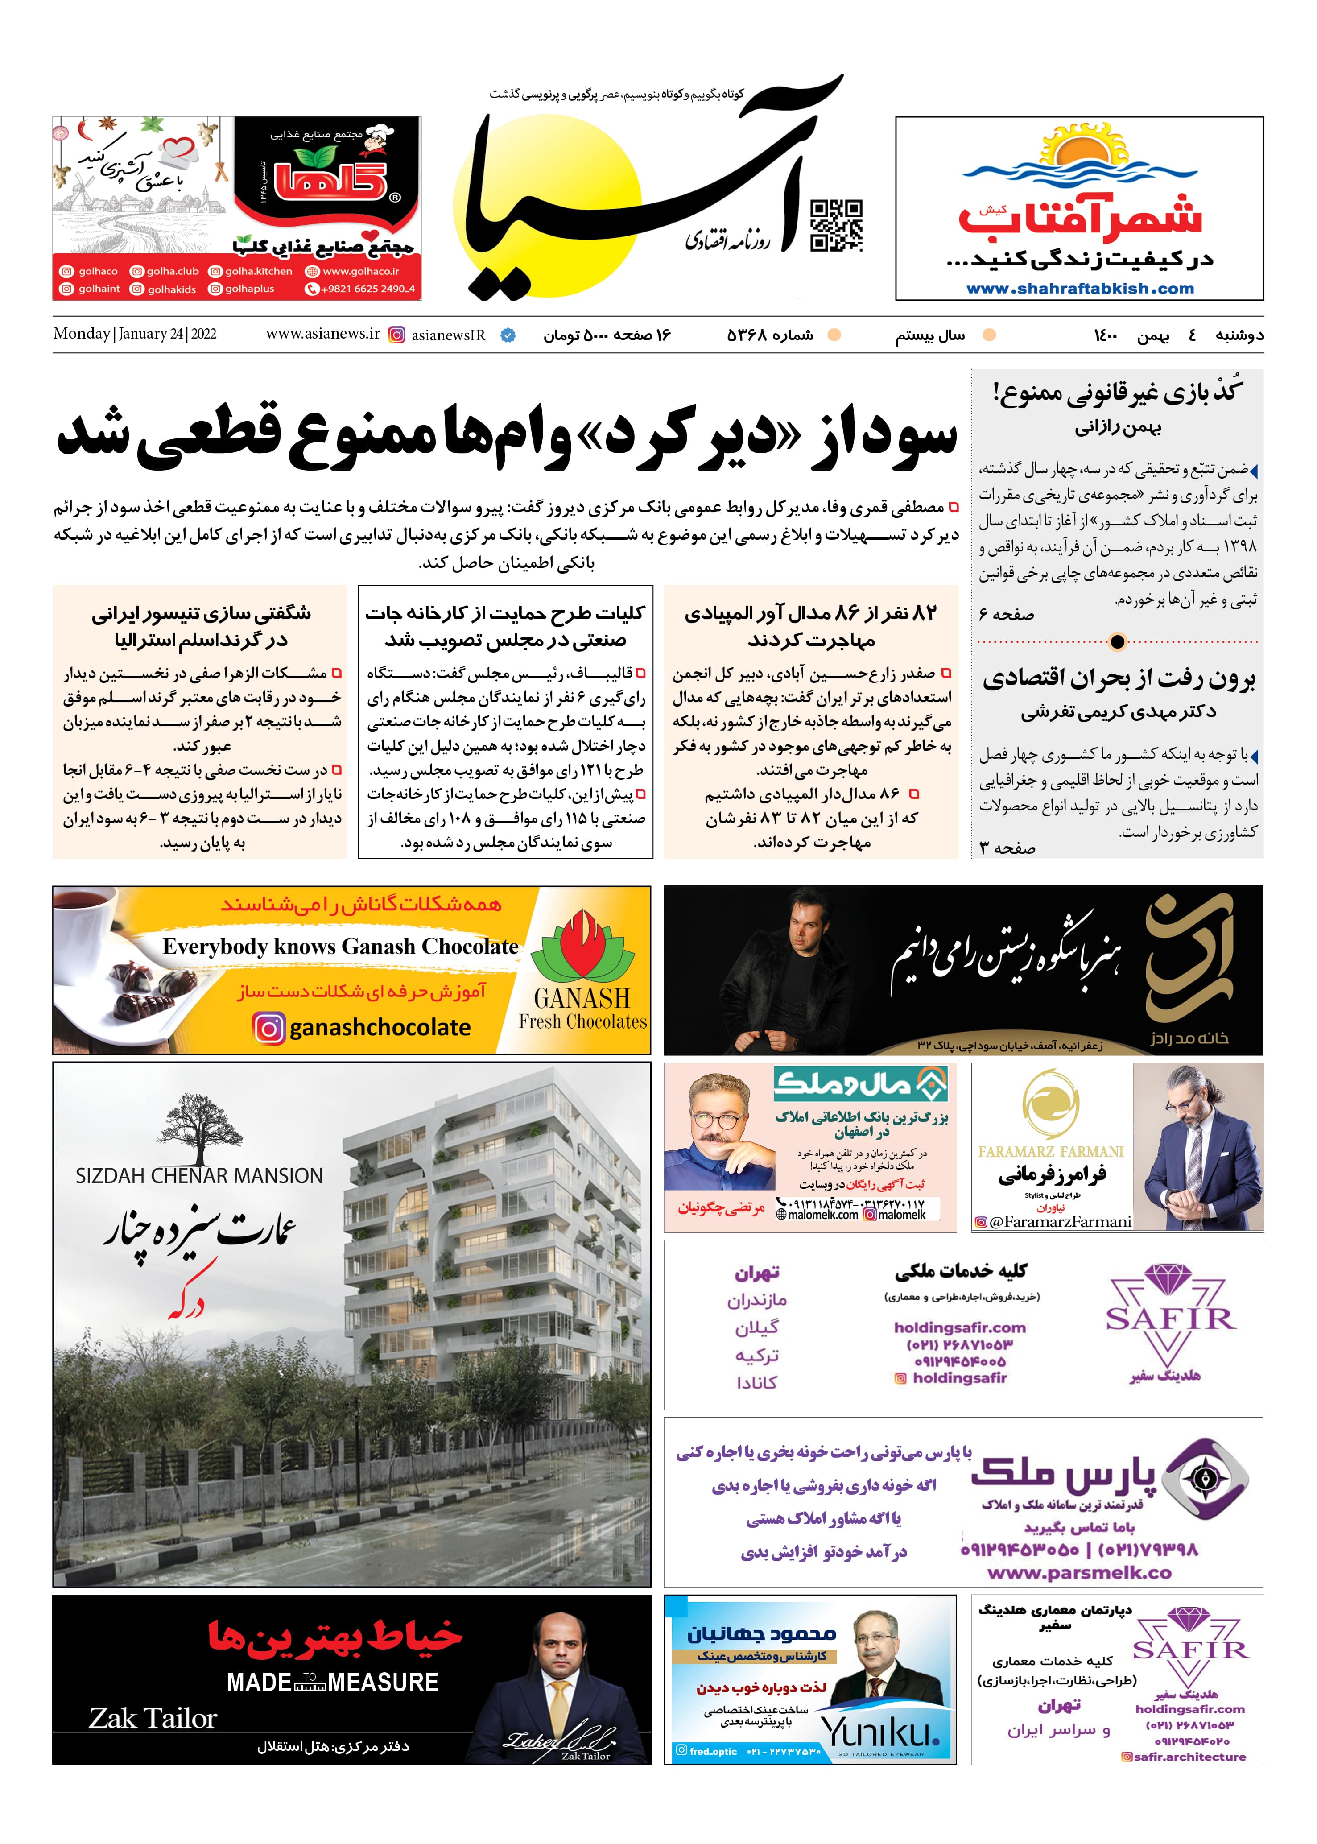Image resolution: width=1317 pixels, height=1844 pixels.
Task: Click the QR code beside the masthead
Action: [836, 225]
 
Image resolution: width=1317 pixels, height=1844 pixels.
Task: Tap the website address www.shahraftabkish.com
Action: [1079, 289]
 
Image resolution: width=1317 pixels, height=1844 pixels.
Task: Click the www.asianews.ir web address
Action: [323, 334]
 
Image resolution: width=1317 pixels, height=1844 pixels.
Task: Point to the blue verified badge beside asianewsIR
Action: [508, 335]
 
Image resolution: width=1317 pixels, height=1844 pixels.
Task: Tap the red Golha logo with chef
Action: [328, 178]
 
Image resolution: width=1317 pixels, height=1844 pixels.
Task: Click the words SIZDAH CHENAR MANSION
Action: [198, 1176]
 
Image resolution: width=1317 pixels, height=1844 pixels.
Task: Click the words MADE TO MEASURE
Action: [333, 1683]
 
